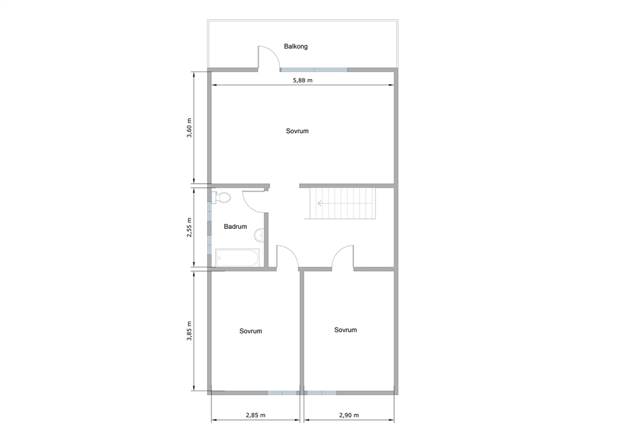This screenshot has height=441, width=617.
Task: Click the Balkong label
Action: [x=296, y=47]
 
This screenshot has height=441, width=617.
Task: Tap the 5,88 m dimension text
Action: [x=303, y=80]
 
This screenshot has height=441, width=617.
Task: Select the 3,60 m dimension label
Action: [x=189, y=128]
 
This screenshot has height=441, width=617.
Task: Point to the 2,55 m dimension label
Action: [x=189, y=227]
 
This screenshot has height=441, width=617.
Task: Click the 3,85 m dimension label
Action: [x=189, y=330]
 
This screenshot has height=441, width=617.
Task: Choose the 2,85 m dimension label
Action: [x=256, y=415]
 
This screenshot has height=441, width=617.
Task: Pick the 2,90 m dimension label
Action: [x=349, y=415]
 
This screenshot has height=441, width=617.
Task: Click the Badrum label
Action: [x=235, y=226]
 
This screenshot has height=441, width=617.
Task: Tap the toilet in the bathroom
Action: [x=221, y=198]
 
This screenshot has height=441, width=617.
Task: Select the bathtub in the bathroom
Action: [x=237, y=258]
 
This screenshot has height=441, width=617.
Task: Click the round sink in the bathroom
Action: [x=259, y=235]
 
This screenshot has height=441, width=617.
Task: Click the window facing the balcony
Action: [x=314, y=70]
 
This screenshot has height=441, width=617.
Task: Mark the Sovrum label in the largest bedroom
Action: [x=297, y=131]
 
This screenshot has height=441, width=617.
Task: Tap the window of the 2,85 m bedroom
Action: [x=282, y=392]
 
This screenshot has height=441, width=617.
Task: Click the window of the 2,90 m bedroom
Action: [x=322, y=392]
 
